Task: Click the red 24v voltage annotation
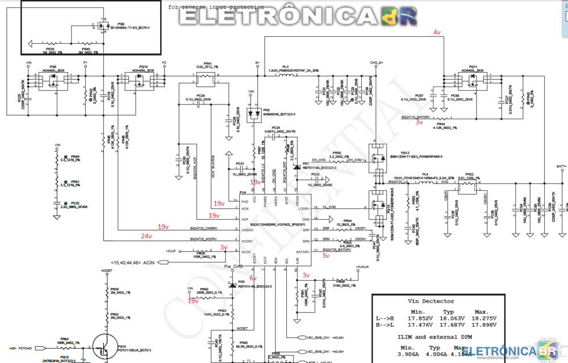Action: [x=147, y=236]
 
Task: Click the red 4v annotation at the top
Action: [x=437, y=32]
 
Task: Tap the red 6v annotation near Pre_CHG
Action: [x=253, y=278]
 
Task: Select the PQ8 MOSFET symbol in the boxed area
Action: [x=102, y=26]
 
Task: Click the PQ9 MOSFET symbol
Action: [x=53, y=82]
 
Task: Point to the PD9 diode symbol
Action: [x=232, y=283]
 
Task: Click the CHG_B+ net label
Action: [x=377, y=62]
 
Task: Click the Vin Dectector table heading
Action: [x=431, y=302]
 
